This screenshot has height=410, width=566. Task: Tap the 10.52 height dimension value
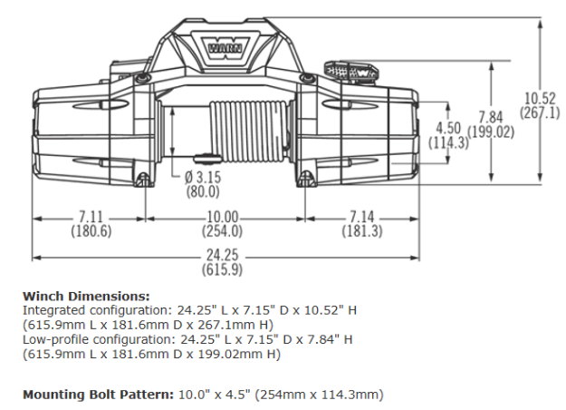(x=542, y=98)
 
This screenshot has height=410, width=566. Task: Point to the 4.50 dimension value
(x=449, y=128)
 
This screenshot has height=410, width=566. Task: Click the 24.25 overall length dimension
(x=222, y=255)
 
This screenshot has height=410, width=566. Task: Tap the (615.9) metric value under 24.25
(x=222, y=269)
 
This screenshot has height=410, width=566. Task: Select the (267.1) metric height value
(x=542, y=112)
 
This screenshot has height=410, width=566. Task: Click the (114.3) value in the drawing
(x=449, y=142)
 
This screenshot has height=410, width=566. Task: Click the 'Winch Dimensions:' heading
(x=86, y=296)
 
